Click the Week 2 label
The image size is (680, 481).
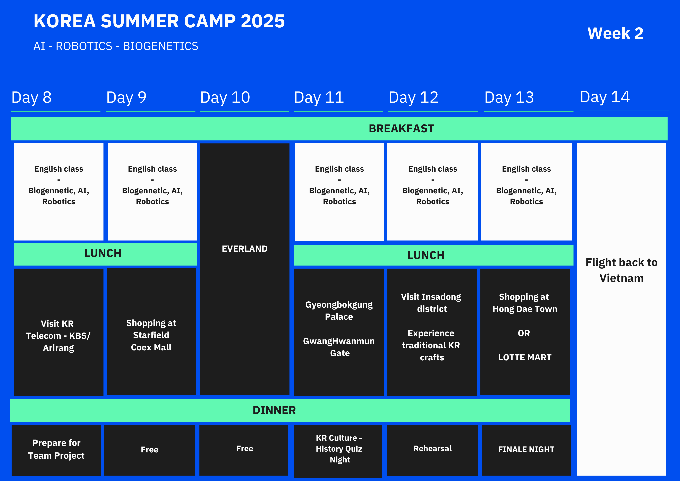615,33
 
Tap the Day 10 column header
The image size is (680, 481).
225,97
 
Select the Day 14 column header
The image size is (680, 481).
605,97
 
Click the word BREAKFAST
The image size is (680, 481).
401,129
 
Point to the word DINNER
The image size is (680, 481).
274,410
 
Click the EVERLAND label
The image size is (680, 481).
245,249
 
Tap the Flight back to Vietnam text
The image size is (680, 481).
621,270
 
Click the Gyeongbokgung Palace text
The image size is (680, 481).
339,311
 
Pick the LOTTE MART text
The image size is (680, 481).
525,357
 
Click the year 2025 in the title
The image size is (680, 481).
263,21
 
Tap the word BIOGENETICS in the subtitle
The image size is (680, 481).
160,46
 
